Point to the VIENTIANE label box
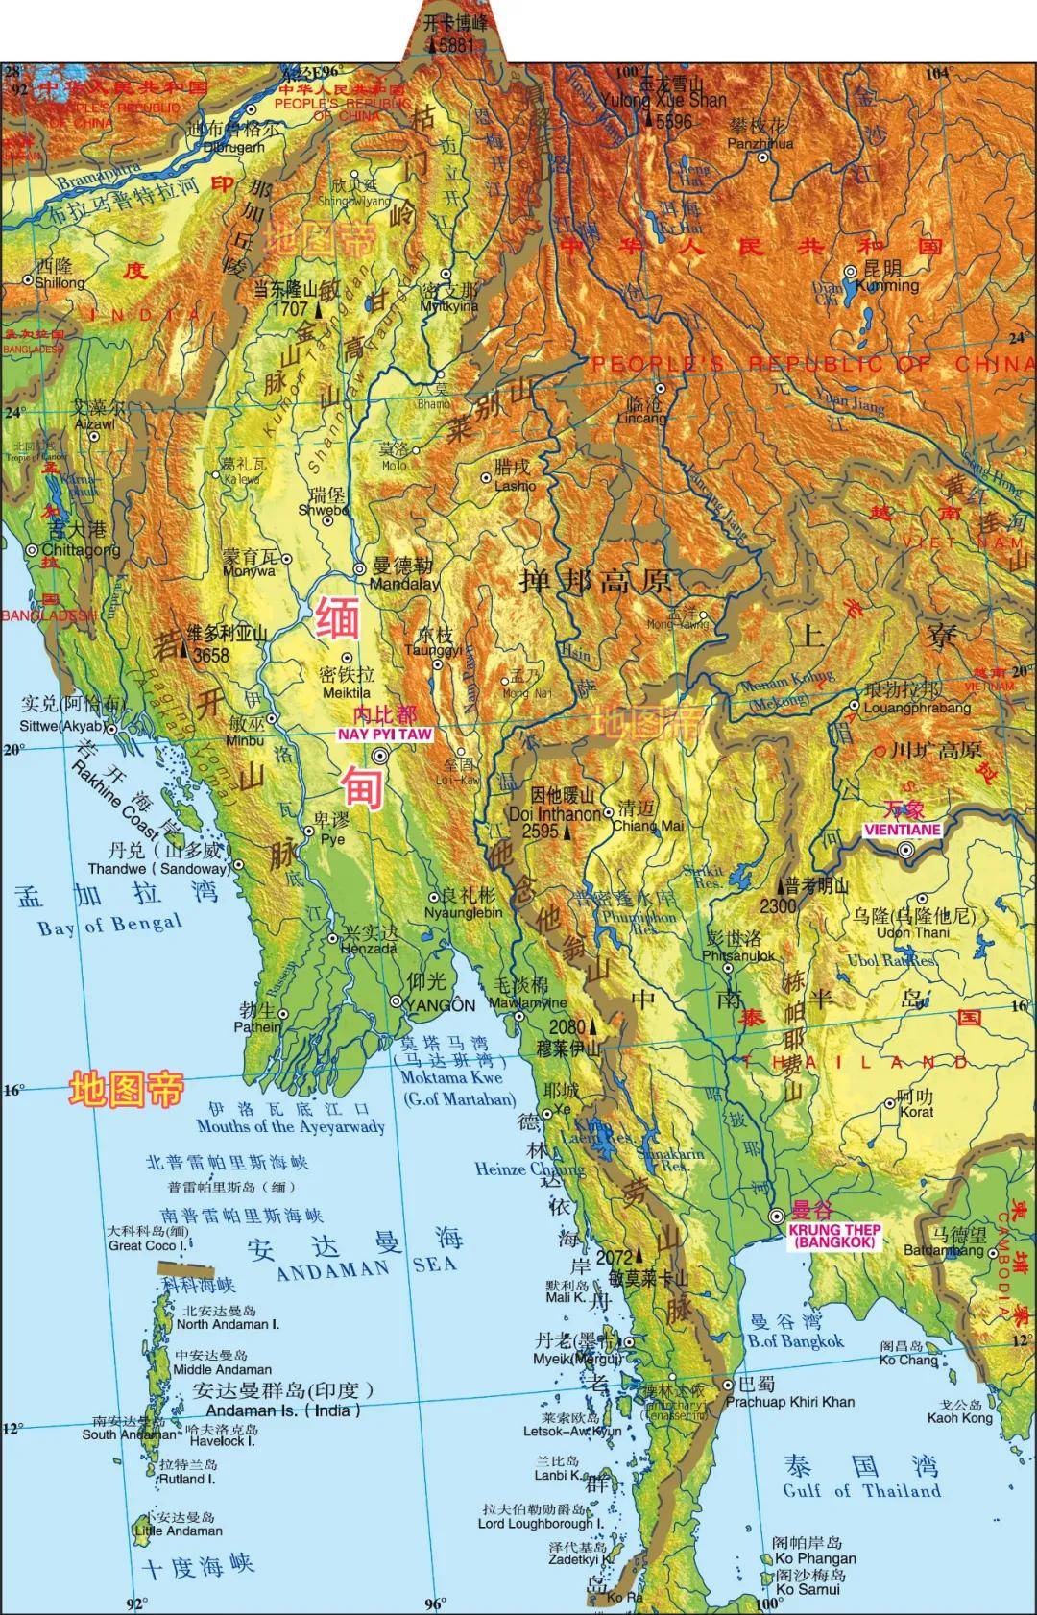click(x=902, y=830)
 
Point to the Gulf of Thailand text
click(x=861, y=1490)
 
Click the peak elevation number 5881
click(x=456, y=45)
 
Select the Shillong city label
click(x=60, y=282)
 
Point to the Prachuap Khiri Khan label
click(x=789, y=1402)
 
